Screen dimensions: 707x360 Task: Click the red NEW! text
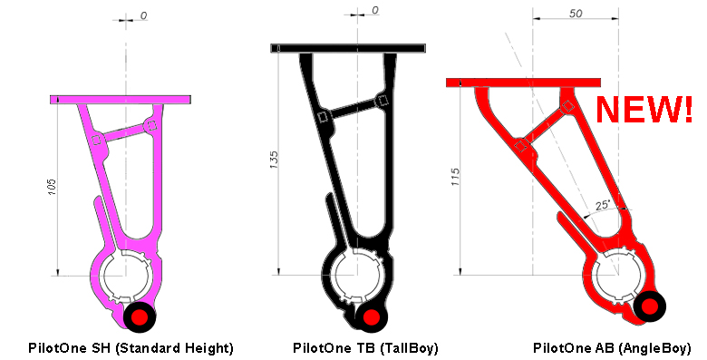coord(644,109)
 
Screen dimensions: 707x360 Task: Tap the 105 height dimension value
coord(52,187)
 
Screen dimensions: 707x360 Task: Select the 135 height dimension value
coord(274,161)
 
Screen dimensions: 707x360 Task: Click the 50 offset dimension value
coord(576,14)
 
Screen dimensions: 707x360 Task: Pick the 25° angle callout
coord(603,205)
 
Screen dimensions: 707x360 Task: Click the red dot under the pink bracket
coord(140,316)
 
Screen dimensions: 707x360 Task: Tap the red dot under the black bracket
coord(371,316)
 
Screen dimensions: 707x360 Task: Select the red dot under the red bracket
coord(649,306)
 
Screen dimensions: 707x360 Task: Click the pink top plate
coord(121,100)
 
